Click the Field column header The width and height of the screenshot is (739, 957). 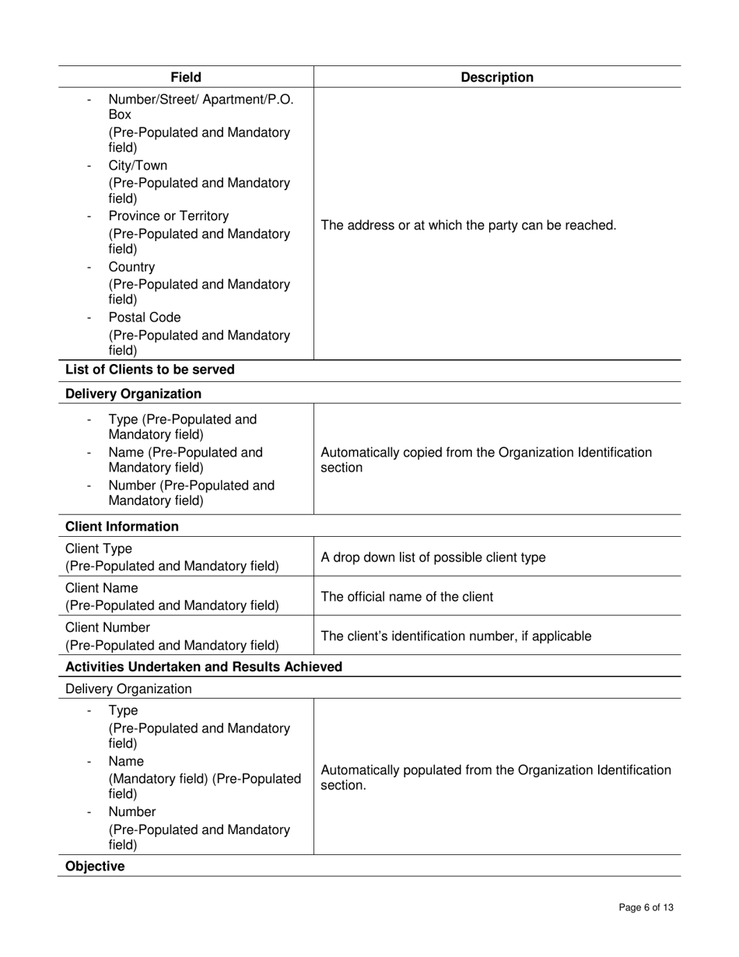(x=186, y=77)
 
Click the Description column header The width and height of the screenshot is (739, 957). (x=497, y=77)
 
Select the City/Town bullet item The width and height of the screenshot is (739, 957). (x=138, y=166)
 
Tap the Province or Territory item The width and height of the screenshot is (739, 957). (x=168, y=216)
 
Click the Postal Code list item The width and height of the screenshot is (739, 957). (x=144, y=317)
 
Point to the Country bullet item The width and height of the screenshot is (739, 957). (x=131, y=267)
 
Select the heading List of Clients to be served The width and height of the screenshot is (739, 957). (x=149, y=369)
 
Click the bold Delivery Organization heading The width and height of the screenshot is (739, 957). (x=133, y=394)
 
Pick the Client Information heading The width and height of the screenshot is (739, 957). (x=121, y=527)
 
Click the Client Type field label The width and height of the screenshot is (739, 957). (x=99, y=549)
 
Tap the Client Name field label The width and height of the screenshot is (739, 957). (x=102, y=587)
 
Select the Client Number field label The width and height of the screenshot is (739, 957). (x=107, y=627)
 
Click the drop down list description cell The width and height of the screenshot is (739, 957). (x=433, y=557)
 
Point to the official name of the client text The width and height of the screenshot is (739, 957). (x=407, y=597)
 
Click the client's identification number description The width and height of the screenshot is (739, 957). (x=456, y=636)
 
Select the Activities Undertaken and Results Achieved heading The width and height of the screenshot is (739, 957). (x=204, y=667)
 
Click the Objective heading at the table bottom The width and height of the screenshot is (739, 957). (x=95, y=866)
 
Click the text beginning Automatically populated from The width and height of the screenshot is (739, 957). (x=496, y=777)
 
